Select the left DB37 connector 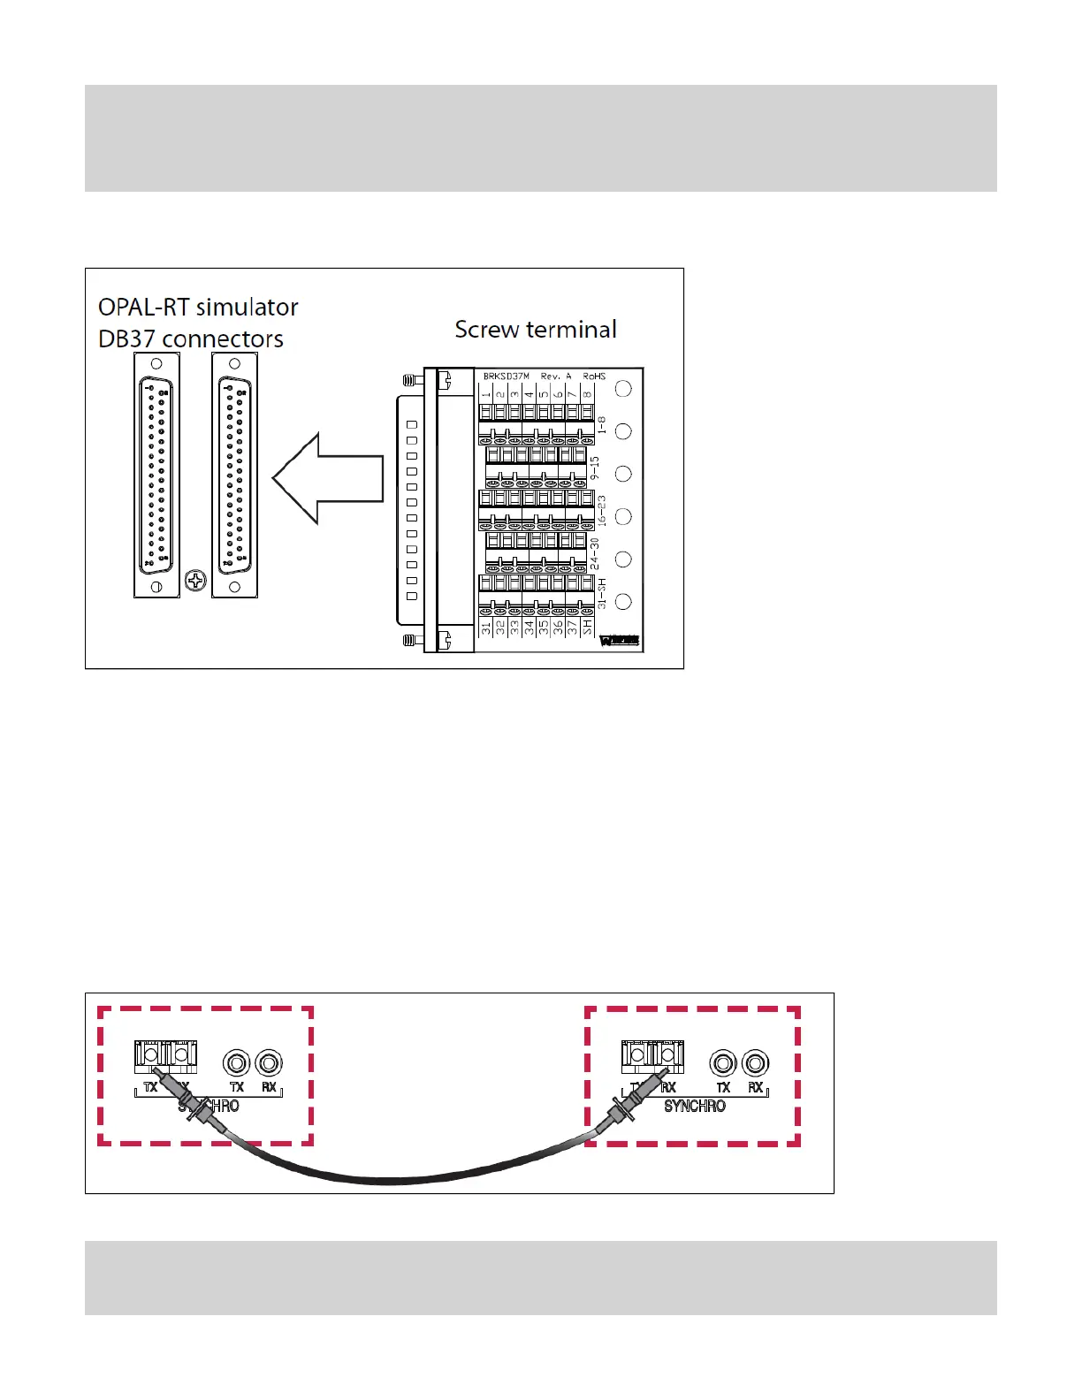pos(156,475)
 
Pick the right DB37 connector pos(235,475)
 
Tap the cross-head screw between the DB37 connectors pos(195,581)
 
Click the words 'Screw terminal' pos(536,330)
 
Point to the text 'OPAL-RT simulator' pos(198,308)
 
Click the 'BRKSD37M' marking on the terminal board pos(506,377)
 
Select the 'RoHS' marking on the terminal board pos(594,377)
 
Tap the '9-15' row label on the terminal pos(595,468)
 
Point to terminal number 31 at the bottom pos(485,628)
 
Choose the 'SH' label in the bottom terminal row pos(587,628)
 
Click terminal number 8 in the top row pos(587,394)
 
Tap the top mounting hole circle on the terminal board pos(623,389)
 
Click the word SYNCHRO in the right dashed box pos(695,1106)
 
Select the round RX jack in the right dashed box pos(755,1063)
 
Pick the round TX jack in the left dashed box pos(236,1062)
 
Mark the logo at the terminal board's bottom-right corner pos(620,641)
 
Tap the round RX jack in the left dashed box pos(269,1062)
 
